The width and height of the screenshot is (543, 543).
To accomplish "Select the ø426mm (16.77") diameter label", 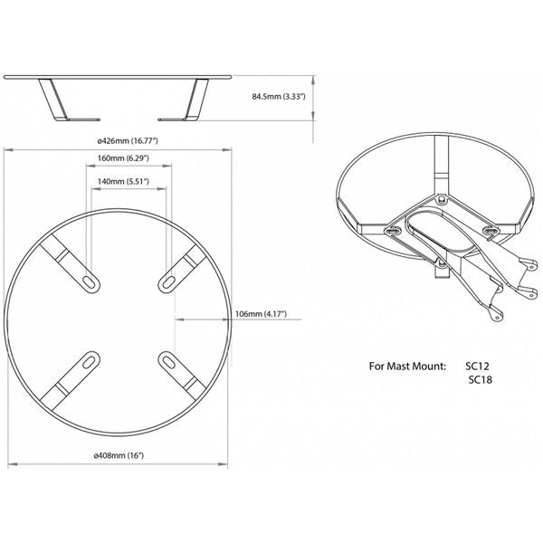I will pyautogui.click(x=128, y=140).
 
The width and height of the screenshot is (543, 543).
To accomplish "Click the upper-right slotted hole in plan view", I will pyautogui.click(x=168, y=282).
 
